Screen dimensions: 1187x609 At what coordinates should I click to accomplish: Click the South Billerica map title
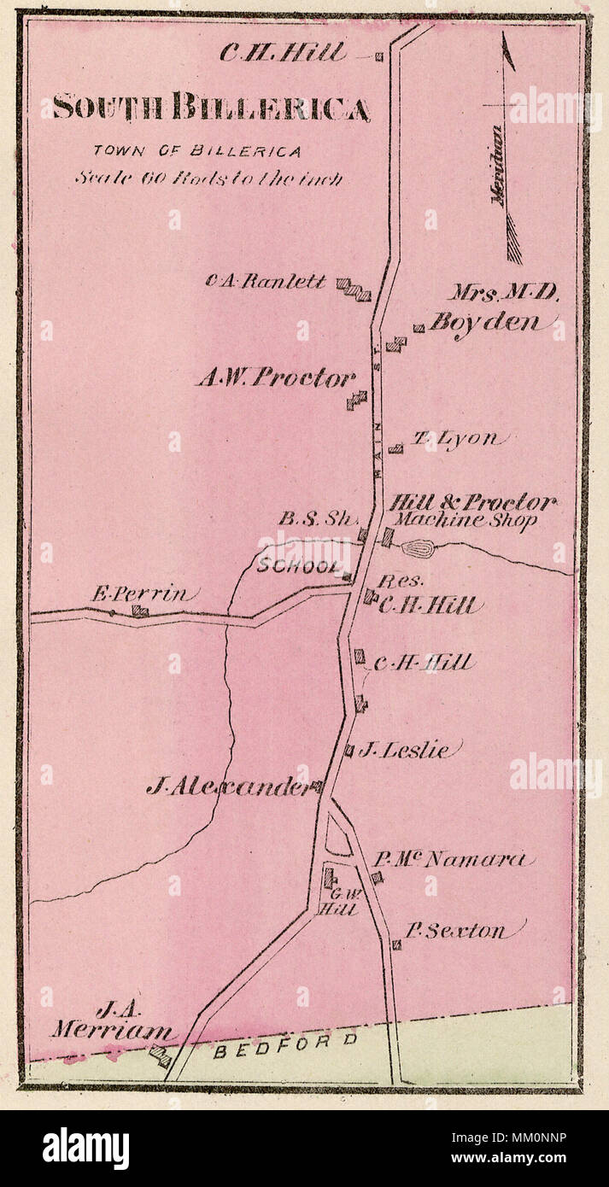(x=211, y=108)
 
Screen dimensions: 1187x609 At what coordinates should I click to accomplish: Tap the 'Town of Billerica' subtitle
(x=197, y=151)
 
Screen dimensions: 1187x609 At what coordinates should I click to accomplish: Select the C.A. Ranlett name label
(x=266, y=280)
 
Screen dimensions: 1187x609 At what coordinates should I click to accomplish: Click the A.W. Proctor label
(x=274, y=377)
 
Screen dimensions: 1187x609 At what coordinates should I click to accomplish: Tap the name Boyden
(x=484, y=323)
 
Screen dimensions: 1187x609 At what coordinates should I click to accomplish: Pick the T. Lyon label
(x=455, y=439)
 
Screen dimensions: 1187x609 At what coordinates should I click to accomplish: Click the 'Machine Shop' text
(x=464, y=520)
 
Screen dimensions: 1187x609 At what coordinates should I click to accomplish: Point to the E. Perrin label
(x=144, y=594)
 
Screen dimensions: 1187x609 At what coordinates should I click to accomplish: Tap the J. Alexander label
(x=229, y=786)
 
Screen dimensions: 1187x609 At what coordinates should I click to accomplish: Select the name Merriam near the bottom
(x=109, y=1031)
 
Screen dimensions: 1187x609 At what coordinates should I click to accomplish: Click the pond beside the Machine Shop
(x=418, y=548)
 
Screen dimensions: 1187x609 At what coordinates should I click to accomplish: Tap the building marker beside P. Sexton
(x=396, y=944)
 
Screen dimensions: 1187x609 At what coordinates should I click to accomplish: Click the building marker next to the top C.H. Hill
(x=379, y=57)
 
